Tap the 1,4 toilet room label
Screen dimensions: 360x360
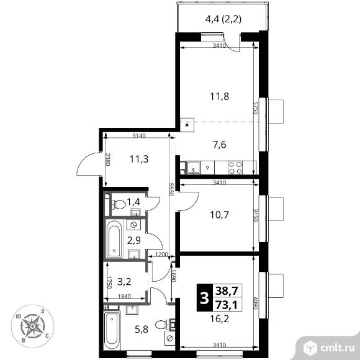pyautogui.click(x=133, y=202)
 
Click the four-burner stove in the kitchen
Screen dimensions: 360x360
pyautogui.click(x=235, y=166)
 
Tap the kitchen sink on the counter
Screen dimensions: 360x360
pyautogui.click(x=194, y=166)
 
